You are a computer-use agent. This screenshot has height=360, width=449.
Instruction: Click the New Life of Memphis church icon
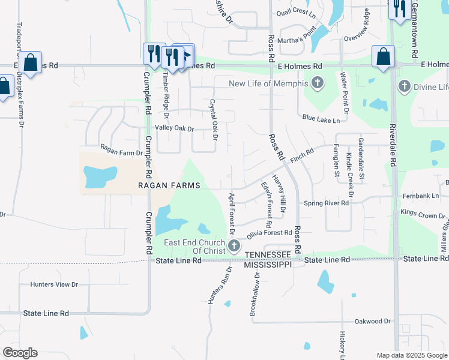click(x=318, y=83)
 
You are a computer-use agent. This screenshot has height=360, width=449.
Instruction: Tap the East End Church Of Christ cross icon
click(x=234, y=246)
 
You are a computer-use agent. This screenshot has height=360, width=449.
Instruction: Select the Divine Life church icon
click(x=404, y=87)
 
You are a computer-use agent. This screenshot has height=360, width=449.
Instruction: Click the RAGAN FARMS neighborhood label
click(x=168, y=186)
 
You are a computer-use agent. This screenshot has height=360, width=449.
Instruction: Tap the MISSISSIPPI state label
click(x=268, y=264)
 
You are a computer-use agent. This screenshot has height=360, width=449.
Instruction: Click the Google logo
click(x=20, y=353)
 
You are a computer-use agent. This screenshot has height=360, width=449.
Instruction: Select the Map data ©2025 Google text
click(x=411, y=355)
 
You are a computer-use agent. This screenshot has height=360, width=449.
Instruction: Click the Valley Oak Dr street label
click(x=175, y=128)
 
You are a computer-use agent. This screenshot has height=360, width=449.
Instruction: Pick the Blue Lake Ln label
click(x=321, y=120)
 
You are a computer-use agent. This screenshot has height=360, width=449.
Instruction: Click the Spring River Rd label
click(x=327, y=203)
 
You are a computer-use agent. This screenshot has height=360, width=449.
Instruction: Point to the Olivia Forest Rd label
click(x=269, y=233)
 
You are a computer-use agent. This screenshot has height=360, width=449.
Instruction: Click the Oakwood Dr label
click(x=373, y=322)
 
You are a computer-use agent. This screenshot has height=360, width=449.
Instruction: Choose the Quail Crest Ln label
click(x=295, y=13)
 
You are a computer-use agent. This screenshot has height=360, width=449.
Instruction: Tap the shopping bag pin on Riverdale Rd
click(x=383, y=58)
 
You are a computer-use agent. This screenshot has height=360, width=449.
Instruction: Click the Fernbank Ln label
click(x=421, y=196)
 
